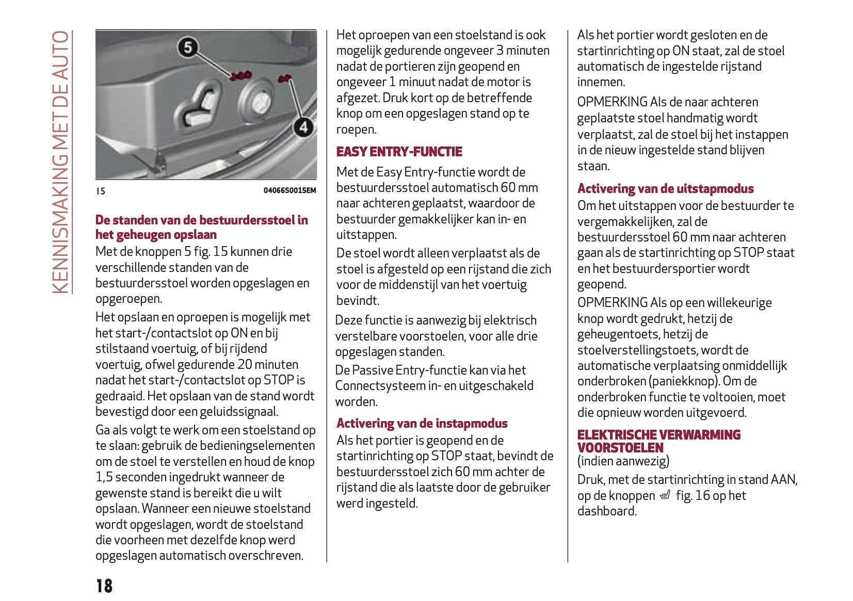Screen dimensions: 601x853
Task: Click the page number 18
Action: click(x=104, y=586)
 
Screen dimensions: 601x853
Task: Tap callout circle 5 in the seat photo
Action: click(x=188, y=47)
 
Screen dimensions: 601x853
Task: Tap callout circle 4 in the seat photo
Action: click(x=303, y=127)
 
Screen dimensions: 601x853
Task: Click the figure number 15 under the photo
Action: click(x=101, y=191)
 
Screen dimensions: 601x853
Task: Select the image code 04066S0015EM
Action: click(x=289, y=190)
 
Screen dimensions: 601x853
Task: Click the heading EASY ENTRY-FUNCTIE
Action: click(x=399, y=152)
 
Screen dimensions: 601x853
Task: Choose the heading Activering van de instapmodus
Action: click(x=422, y=424)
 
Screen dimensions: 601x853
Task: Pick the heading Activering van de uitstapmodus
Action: click(x=665, y=189)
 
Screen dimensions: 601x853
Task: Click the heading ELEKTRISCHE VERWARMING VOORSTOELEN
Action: click(x=658, y=441)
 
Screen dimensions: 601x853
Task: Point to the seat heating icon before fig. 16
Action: click(x=665, y=496)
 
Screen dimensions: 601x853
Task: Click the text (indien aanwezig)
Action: click(x=623, y=461)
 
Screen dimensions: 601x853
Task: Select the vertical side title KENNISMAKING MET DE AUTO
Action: click(x=61, y=162)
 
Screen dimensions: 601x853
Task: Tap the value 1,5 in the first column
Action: click(x=104, y=477)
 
